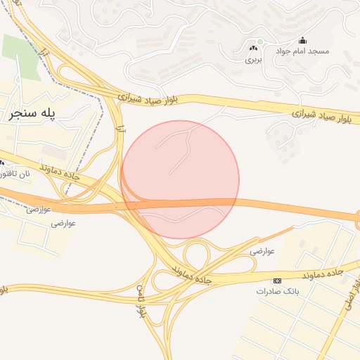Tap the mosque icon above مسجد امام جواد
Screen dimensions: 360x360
coord(303,40)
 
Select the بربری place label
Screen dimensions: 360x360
coord(252,60)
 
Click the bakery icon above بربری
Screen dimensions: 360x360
coord(252,49)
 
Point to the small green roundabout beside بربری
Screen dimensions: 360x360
coord(259,42)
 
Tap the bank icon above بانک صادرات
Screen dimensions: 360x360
coord(278,280)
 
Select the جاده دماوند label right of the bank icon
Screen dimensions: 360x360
coord(323,272)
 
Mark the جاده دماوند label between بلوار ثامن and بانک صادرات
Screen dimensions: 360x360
coord(187,270)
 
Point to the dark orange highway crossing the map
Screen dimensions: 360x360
coord(281,207)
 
